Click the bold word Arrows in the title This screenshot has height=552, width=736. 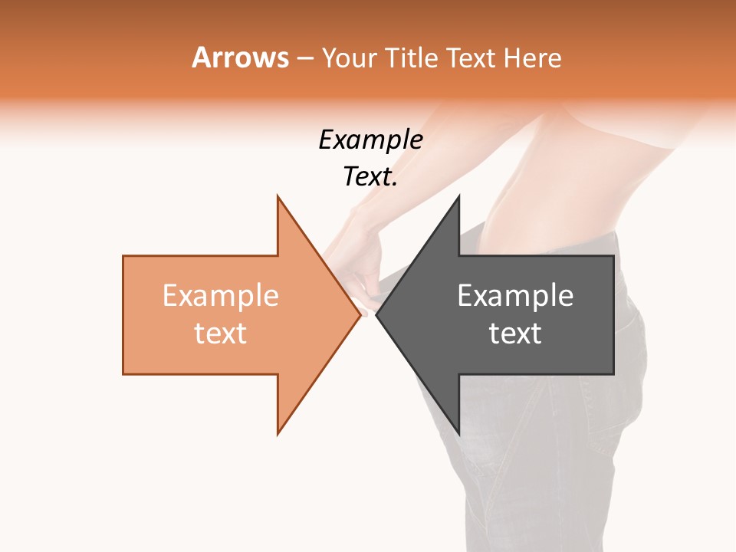240,58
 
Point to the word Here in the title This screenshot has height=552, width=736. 533,58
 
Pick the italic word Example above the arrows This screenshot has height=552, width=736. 370,140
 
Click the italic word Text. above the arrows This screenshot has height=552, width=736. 370,177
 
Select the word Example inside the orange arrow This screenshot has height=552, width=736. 221,296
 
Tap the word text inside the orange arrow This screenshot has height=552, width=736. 221,333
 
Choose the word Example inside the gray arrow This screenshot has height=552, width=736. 515,296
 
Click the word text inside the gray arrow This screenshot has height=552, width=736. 515,333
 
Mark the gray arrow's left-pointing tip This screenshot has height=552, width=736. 377,314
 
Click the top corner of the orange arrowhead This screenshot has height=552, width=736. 278,197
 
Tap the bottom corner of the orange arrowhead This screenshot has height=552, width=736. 278,433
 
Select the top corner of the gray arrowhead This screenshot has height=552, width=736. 458,197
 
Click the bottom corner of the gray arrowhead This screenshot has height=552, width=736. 458,433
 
